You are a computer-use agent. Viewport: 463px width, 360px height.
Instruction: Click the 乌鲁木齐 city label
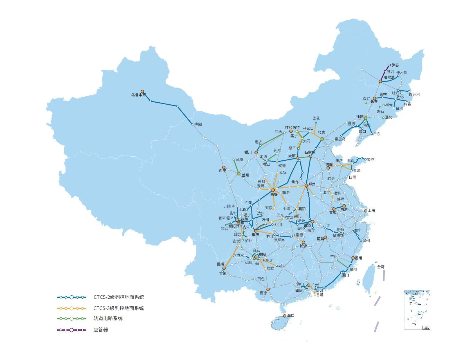point(138,95)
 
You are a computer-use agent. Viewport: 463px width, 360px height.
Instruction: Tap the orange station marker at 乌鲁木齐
point(142,91)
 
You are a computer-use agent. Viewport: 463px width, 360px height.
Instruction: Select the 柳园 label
point(198,124)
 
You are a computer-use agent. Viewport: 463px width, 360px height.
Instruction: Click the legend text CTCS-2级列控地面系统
point(119,297)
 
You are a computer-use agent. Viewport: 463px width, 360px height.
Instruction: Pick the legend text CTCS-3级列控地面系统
point(119,308)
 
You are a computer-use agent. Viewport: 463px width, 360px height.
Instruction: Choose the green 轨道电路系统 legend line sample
point(71,319)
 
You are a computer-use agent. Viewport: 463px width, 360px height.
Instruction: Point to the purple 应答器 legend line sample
point(71,330)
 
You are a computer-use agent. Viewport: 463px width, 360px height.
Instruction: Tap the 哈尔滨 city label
point(389,77)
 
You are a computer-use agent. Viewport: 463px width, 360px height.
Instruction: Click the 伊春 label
point(395,65)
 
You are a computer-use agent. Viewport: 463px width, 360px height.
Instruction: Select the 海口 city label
point(291,316)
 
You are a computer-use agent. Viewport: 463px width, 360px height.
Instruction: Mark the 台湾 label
point(381,267)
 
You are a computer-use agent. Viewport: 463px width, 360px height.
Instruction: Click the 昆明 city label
point(221,264)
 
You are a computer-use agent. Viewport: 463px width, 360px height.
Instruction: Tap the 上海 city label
point(371,210)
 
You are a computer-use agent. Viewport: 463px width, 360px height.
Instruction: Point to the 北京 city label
point(321,132)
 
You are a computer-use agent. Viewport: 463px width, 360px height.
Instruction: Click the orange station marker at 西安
point(273,190)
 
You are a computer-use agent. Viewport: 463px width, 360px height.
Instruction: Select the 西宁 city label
point(222,171)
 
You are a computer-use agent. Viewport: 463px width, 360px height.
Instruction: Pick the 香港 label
point(320,295)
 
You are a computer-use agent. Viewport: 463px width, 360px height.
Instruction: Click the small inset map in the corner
point(417,310)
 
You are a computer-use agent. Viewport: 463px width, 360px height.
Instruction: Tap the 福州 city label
point(358,258)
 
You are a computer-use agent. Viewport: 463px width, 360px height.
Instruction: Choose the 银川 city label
point(248,152)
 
